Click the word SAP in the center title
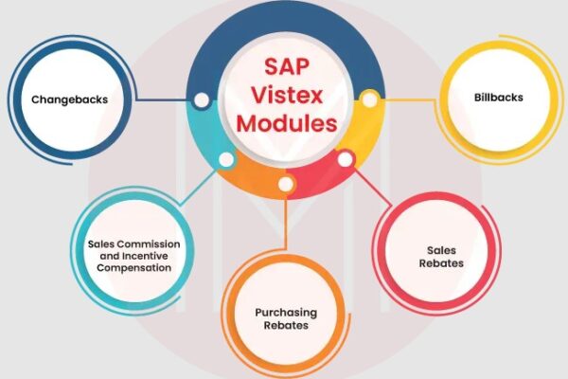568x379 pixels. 287,66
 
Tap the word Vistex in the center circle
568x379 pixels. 287,95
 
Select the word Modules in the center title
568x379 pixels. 287,123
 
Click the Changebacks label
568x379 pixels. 69,99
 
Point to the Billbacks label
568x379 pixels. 499,98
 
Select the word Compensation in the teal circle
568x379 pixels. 134,268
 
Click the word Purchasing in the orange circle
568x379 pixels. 286,313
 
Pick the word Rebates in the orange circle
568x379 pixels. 286,325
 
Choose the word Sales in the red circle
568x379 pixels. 441,250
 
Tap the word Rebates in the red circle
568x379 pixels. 441,263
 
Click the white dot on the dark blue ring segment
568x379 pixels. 202,100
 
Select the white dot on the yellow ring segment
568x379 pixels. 370,99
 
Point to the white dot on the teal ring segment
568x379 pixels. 226,159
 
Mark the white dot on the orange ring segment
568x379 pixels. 286,184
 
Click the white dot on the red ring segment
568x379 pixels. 346,159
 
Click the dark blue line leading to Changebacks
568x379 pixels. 165,99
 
